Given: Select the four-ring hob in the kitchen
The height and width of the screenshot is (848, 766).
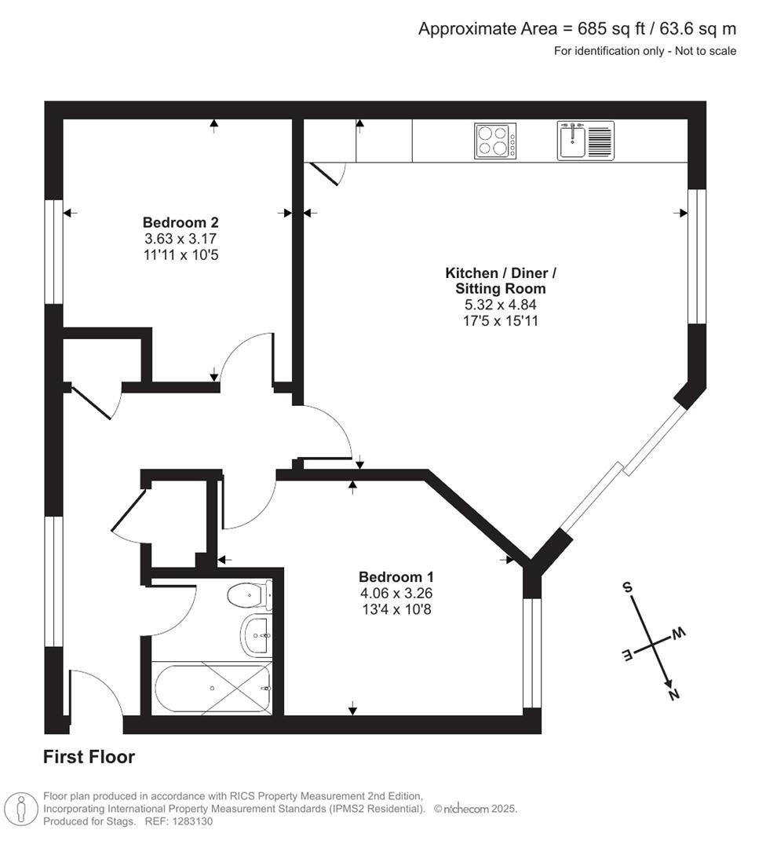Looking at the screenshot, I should pos(495,141).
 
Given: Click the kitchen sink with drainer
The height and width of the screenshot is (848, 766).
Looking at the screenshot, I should pos(586,141).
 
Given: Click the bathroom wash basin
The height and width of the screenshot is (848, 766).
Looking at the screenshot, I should pos(257,634).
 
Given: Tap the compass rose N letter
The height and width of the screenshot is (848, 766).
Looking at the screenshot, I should pos(673,693).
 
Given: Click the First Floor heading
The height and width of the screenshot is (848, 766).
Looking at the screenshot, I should pos(89,757).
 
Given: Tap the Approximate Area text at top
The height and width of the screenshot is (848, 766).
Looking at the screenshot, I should pos(577,29).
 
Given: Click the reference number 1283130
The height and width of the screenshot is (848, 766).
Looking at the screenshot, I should pos(188,821).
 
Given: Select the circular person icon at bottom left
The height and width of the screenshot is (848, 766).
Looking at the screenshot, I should pos(21,809).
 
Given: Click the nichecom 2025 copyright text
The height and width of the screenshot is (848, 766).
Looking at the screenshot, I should pos(476,809).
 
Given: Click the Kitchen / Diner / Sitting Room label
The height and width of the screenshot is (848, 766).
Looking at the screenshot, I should pos(501,281).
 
